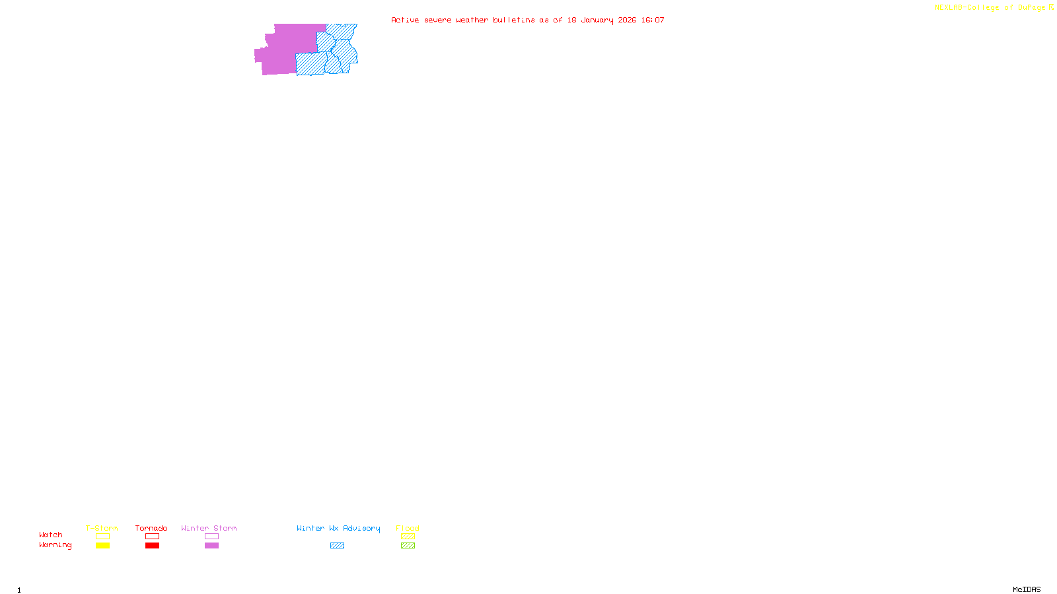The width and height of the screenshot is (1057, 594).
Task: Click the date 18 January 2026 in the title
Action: (601, 20)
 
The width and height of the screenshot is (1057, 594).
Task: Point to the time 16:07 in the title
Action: (653, 20)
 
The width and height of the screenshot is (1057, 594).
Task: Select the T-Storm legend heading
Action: (102, 528)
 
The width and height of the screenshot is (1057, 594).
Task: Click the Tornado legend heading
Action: (151, 528)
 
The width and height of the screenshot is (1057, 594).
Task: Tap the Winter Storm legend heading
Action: (209, 528)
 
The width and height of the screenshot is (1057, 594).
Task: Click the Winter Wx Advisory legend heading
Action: (338, 528)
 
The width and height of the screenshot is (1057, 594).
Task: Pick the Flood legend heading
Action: (408, 528)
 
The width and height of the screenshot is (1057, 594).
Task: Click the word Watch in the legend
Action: (51, 535)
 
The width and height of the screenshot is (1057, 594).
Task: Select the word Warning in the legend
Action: (55, 545)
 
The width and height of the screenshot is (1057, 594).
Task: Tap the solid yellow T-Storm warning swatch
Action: (102, 546)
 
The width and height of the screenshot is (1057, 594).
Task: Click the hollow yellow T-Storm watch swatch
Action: (102, 537)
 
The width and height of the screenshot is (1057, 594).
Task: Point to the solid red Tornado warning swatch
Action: (152, 546)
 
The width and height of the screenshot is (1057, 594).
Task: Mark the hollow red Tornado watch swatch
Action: (152, 537)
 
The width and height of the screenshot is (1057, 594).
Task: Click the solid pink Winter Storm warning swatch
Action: (211, 546)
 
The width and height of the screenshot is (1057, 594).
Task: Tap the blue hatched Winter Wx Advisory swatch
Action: (337, 546)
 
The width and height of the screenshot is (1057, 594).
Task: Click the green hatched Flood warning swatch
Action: (408, 546)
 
